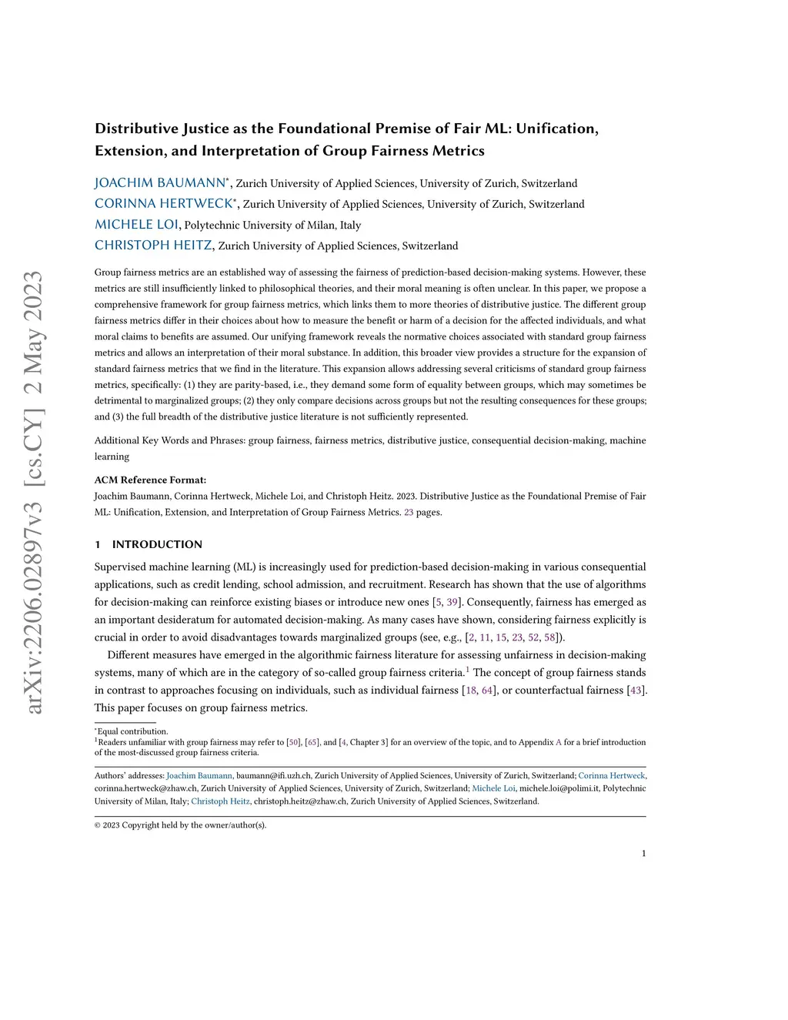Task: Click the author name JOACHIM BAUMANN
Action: tap(160, 183)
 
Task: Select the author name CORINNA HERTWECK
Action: tap(163, 204)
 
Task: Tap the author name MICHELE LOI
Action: tap(136, 225)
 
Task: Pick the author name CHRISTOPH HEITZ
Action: tap(153, 246)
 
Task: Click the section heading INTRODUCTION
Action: tap(157, 544)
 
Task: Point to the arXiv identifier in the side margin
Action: tap(34, 493)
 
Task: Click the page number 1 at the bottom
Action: tap(643, 853)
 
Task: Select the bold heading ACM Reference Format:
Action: tap(150, 480)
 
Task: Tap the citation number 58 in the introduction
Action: tap(549, 637)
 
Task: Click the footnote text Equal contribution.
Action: tap(132, 731)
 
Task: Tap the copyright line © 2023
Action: tap(180, 825)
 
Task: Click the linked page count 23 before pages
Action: tap(409, 512)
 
